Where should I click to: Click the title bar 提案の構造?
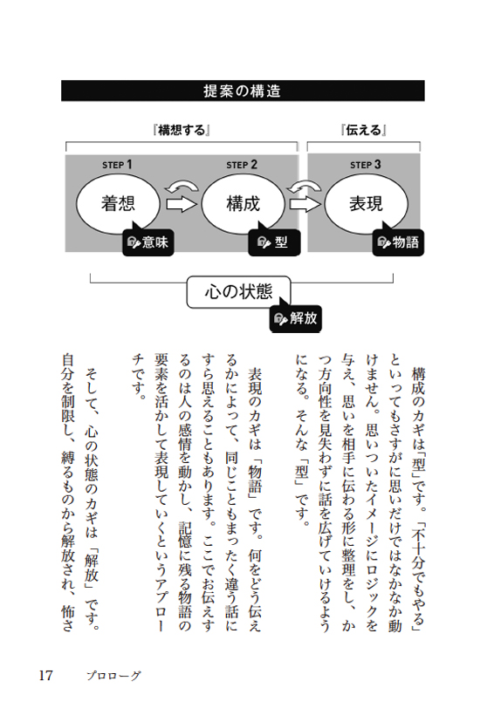(x=243, y=91)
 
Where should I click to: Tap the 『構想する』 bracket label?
(x=182, y=131)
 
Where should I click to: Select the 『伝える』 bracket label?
(x=363, y=131)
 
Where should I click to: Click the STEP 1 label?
(x=117, y=165)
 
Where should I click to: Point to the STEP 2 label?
(x=242, y=165)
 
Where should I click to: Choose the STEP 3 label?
(x=366, y=165)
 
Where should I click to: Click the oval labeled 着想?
(x=118, y=204)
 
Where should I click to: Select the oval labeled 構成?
(x=243, y=204)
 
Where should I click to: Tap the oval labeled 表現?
(x=366, y=204)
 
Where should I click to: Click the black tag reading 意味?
(x=148, y=242)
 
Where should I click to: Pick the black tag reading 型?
(x=274, y=242)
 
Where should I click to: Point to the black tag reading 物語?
(x=398, y=242)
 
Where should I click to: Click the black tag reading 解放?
(x=296, y=318)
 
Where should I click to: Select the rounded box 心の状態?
(x=239, y=291)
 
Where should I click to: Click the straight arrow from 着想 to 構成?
(x=181, y=204)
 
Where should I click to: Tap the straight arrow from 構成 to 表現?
(x=305, y=204)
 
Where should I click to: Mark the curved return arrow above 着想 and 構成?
(x=182, y=187)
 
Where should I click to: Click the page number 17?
(x=46, y=675)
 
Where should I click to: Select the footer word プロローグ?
(x=114, y=676)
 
